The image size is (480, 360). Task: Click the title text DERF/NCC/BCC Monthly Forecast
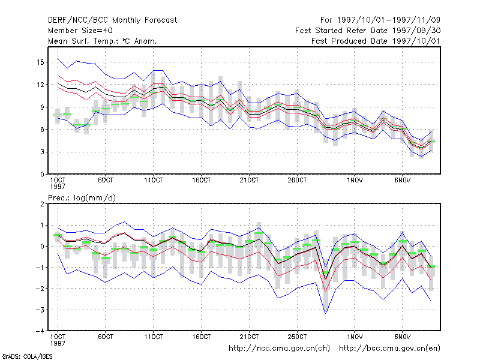112,20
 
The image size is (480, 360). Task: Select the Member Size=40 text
80,31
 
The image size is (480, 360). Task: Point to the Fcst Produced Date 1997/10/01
376,41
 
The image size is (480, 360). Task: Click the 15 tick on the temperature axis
40,62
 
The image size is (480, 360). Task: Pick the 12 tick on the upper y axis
40,85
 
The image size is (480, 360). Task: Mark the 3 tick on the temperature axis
42,152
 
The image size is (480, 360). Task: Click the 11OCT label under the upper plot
154,181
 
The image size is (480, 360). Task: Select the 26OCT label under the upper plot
297,181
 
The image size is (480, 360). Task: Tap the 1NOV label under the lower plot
355,337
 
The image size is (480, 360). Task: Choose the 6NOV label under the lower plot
402,337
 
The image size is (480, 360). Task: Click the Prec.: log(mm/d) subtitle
82,198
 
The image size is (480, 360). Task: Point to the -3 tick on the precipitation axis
40,310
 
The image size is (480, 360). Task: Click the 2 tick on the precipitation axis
42,204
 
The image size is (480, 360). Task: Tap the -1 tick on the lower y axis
40,268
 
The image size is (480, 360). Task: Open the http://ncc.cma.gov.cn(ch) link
279,349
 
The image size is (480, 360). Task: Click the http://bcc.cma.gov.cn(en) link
389,349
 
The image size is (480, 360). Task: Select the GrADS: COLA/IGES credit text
27,356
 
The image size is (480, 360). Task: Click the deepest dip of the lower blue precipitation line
325,313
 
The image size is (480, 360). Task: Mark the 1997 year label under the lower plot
58,343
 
